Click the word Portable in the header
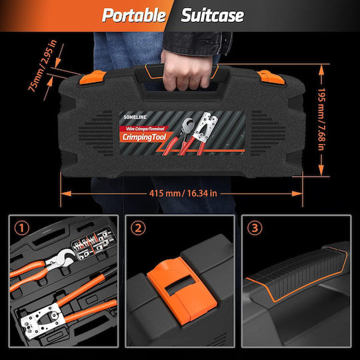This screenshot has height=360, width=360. coord(134,15)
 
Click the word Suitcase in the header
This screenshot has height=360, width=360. coord(213,15)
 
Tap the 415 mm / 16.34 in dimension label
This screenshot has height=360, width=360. coord(183,193)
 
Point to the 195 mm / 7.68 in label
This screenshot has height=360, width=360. coord(321,119)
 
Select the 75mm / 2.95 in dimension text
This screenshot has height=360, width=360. coord(42,65)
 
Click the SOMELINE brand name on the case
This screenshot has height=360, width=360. coord(135,117)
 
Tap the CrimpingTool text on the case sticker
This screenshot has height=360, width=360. coord(144,137)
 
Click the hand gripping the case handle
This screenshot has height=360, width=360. coord(187,71)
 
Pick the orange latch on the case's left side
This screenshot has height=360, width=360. coord(92,77)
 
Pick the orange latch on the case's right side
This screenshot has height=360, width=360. coord(271,77)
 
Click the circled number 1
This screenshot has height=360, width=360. coord(22,228)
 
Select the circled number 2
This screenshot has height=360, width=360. coord(138,228)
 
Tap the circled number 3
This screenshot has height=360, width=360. coord(255,228)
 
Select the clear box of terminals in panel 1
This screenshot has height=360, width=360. coord(94,244)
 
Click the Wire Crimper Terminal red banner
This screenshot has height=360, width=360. coord(144,129)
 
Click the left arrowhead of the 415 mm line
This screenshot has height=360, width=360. coord(66,194)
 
